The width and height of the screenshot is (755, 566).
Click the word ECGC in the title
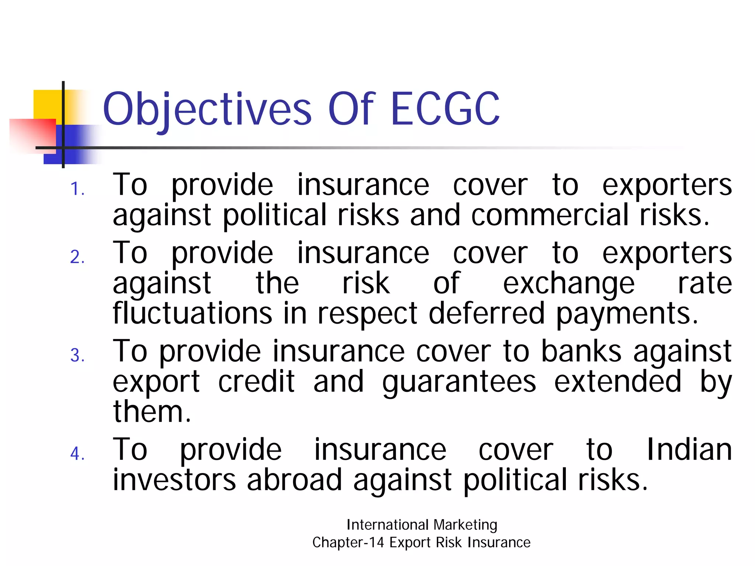445,109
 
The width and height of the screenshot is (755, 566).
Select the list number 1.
77,189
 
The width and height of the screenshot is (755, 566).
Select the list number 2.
77,257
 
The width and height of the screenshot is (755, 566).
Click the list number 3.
77,355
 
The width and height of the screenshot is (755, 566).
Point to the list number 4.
77,453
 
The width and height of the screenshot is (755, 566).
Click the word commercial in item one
550,215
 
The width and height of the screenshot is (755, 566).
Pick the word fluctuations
192,313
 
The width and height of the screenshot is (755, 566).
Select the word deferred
486,313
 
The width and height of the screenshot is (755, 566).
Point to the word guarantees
459,382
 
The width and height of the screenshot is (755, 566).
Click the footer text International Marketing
422,525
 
